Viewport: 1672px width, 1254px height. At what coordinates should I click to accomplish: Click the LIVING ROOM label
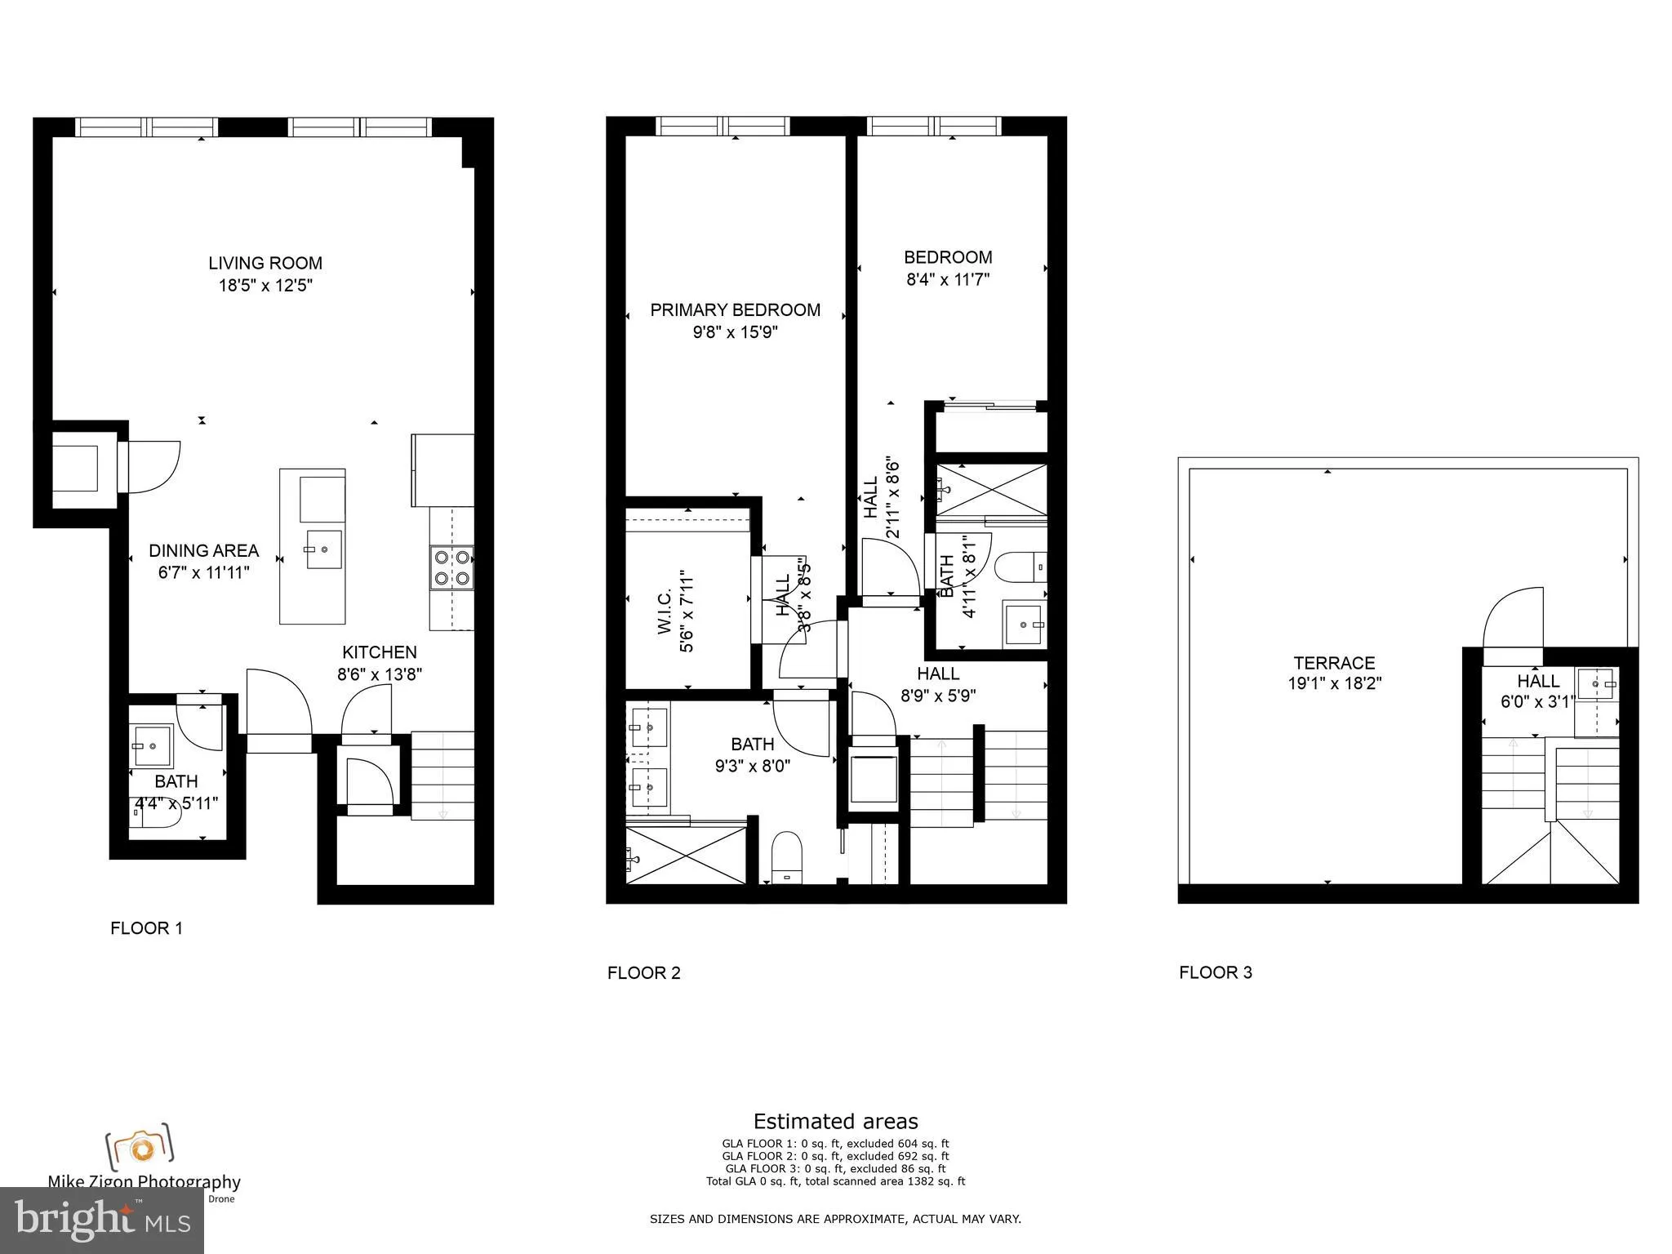(x=265, y=263)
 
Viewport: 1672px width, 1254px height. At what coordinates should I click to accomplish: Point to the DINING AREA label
(x=203, y=550)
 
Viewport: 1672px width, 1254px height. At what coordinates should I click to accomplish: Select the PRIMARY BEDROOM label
(x=735, y=310)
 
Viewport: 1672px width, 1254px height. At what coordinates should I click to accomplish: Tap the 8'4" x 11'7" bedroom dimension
(x=948, y=279)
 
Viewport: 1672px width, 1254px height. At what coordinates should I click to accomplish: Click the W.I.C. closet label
(x=664, y=611)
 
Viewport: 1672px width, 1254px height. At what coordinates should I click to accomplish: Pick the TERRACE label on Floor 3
(x=1334, y=663)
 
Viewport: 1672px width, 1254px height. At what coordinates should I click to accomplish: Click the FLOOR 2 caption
(x=643, y=972)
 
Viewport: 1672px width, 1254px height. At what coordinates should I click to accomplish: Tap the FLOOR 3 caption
(x=1215, y=972)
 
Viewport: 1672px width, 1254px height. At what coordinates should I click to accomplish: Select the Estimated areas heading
(x=835, y=1121)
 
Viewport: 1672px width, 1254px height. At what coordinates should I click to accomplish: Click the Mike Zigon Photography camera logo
(x=140, y=1147)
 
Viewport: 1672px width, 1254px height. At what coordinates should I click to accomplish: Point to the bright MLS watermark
(x=101, y=1220)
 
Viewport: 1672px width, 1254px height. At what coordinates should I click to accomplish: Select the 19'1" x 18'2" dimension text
(x=1334, y=684)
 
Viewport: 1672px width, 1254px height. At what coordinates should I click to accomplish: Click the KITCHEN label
(x=379, y=652)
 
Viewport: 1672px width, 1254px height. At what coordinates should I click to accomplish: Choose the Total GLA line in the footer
(x=835, y=1181)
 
